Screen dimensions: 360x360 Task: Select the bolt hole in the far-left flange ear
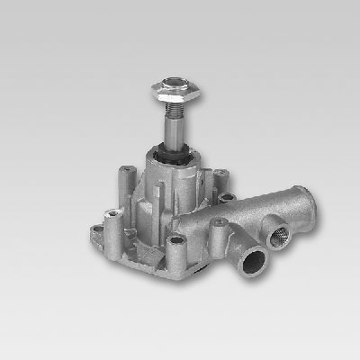112,215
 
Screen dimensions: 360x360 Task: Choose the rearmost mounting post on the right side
218,173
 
